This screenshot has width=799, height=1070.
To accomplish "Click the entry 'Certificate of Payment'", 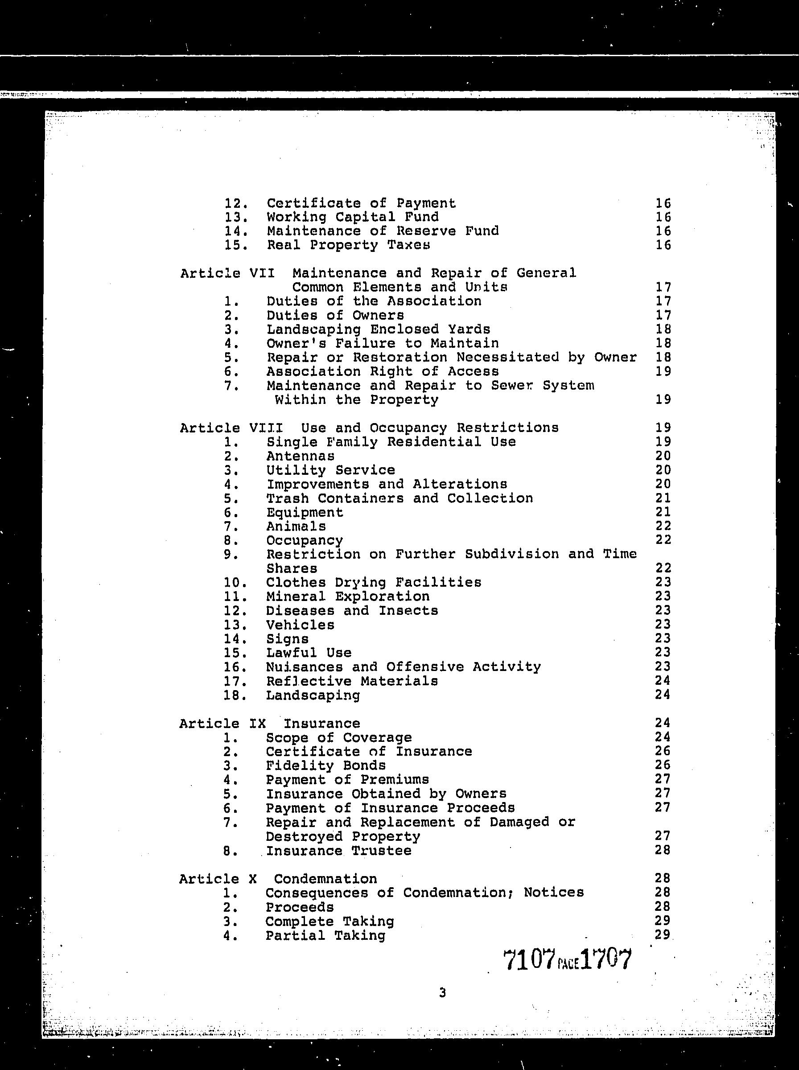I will [361, 203].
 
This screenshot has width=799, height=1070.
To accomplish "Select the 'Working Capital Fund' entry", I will [353, 217].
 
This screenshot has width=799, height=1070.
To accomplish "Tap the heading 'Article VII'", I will [227, 273].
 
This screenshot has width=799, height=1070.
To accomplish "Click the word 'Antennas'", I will [300, 456].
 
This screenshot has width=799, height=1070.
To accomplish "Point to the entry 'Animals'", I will [296, 526].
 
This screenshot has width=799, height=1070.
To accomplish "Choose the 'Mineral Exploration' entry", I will [348, 596].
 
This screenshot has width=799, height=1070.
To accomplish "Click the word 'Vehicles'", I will [300, 625].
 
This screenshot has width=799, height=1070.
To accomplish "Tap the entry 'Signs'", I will [287, 639].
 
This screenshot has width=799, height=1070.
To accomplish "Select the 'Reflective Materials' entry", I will [352, 681].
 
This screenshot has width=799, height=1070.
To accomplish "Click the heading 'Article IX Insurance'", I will [269, 723].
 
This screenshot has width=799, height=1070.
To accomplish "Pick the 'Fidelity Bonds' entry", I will [325, 765].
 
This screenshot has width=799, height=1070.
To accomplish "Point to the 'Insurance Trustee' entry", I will [338, 851].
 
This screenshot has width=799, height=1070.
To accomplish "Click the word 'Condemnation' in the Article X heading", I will [325, 879].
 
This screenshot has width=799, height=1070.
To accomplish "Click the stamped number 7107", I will [529, 960].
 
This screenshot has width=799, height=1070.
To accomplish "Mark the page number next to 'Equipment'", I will [663, 512].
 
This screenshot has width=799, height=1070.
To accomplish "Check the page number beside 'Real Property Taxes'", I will [663, 245].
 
